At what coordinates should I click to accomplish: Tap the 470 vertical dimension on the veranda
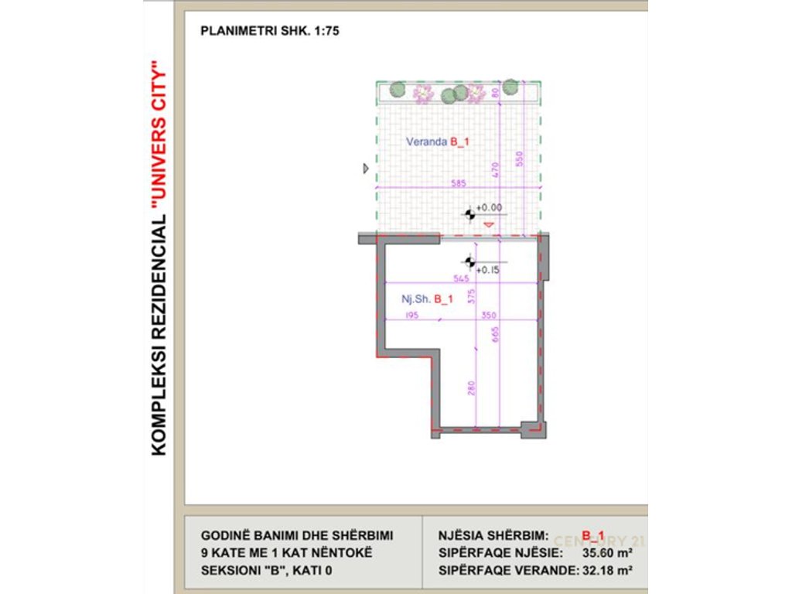[496, 169]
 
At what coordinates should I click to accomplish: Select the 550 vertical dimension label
[520, 159]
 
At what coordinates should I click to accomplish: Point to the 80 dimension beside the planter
[496, 93]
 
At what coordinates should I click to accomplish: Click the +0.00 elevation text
[489, 207]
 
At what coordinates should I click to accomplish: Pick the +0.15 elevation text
[487, 270]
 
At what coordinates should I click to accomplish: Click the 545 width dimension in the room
[462, 278]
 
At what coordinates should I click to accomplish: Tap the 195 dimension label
[411, 315]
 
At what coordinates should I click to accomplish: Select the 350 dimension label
[488, 315]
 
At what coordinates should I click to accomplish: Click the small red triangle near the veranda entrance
[488, 224]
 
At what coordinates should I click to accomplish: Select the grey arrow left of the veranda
[366, 168]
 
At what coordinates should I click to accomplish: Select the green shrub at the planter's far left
[397, 90]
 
